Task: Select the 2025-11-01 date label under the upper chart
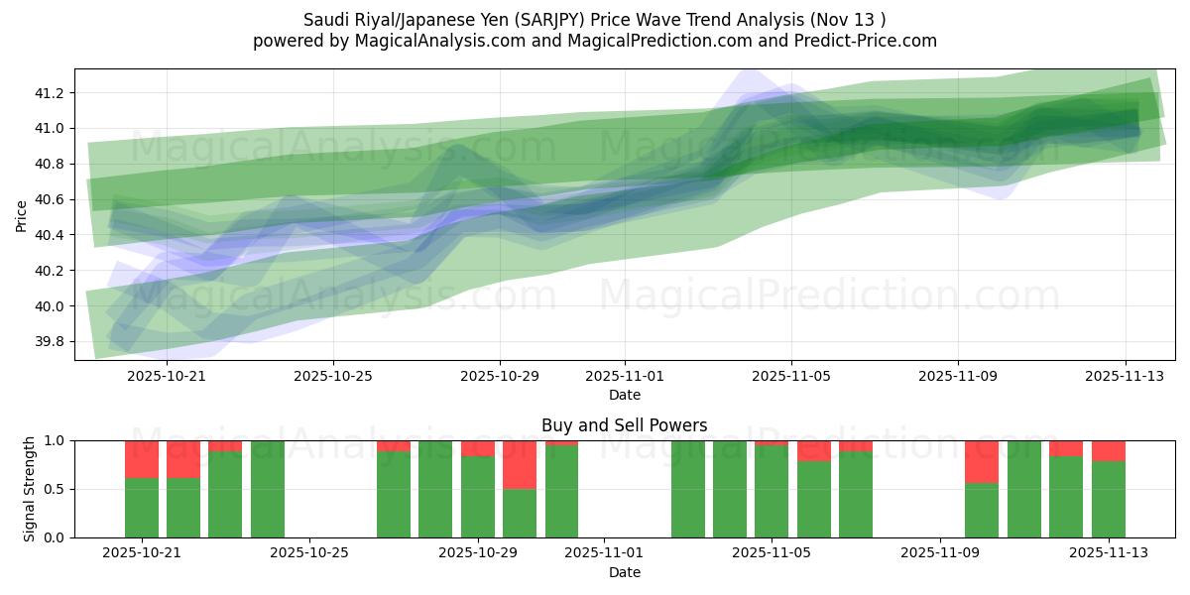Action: pos(625,377)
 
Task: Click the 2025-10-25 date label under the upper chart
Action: pos(333,377)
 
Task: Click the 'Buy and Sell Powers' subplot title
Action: pos(625,425)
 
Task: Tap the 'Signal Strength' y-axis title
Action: pos(30,489)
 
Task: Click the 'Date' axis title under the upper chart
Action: pos(625,395)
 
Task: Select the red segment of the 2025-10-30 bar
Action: pos(520,464)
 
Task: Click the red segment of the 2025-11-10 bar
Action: pos(982,461)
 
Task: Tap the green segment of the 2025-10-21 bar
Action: pos(142,508)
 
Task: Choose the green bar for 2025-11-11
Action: pos(1024,489)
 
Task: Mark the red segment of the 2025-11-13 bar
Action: pos(1109,450)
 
